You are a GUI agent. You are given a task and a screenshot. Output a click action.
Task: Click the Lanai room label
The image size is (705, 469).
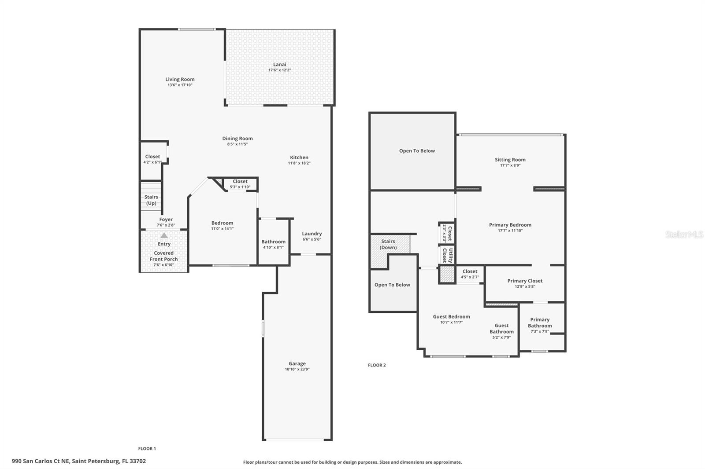pos(279,64)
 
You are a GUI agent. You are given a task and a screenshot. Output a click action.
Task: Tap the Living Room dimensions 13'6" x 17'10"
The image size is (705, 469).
pos(180,85)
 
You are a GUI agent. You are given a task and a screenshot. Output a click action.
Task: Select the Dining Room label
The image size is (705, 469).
pos(237,138)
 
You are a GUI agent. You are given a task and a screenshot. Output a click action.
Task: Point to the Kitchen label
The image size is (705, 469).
pos(299,157)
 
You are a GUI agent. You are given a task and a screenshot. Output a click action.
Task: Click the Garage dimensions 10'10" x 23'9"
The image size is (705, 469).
pos(297,369)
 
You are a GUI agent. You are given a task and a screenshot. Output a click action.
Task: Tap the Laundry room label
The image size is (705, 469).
pos(312,234)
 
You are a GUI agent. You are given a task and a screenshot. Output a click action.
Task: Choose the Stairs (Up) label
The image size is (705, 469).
pos(151,200)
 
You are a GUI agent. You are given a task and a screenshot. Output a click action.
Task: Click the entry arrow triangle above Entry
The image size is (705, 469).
pos(164,235)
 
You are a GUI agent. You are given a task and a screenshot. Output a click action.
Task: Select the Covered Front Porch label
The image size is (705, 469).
pos(163,256)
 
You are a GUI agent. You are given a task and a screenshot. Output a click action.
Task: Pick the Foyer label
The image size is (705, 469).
pos(166,219)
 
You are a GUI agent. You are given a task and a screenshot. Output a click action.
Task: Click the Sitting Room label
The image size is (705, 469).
pos(510,160)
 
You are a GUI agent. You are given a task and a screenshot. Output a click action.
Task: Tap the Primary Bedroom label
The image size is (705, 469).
pos(510,225)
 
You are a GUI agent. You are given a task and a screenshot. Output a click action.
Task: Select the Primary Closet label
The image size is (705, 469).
pos(524,281)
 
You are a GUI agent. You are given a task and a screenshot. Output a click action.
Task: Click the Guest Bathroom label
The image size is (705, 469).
pos(501,329)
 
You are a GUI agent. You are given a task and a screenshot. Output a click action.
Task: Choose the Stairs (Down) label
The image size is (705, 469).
pos(388,244)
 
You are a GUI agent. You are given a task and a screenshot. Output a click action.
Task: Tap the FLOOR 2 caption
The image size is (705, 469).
pos(377,365)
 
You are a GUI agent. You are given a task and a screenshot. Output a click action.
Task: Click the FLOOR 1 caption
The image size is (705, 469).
pos(147,448)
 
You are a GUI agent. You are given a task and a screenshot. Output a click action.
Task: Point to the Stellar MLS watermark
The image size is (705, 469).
pos(684,234)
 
